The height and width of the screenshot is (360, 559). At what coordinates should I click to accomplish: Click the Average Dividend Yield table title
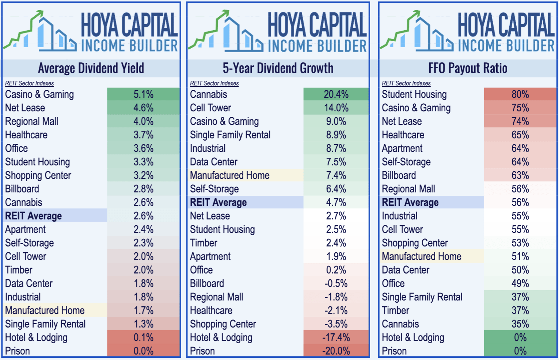tap(91, 68)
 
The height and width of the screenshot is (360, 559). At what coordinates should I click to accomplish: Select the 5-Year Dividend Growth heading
tap(278, 68)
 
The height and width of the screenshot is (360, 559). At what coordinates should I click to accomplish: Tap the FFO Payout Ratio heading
tap(468, 68)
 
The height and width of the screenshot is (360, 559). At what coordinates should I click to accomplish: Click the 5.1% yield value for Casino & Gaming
tap(143, 95)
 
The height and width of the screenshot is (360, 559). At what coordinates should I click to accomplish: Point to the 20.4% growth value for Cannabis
tap(336, 95)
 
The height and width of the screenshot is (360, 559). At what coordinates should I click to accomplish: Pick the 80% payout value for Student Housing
tap(520, 95)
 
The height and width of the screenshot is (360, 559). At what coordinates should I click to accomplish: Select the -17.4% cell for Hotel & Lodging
tap(336, 338)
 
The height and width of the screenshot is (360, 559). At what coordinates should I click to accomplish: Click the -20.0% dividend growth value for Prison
tap(336, 351)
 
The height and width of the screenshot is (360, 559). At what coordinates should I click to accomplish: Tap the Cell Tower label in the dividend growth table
tap(210, 108)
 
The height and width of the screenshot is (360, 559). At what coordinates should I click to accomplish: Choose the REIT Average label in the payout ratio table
tap(410, 203)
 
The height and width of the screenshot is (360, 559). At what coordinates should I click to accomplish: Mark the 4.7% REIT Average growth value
tap(336, 203)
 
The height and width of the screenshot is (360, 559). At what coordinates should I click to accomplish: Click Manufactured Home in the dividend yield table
tap(45, 311)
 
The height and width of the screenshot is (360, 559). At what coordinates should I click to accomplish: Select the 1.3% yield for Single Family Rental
tap(143, 324)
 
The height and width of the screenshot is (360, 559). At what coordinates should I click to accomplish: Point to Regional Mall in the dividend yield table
tap(31, 122)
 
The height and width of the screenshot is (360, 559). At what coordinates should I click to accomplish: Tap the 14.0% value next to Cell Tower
tap(336, 108)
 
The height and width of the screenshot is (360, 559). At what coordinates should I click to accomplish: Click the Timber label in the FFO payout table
tap(395, 311)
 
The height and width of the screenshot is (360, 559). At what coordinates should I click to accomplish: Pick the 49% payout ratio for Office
tap(520, 284)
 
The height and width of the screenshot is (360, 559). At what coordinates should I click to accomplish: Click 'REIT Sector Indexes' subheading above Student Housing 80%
tap(406, 84)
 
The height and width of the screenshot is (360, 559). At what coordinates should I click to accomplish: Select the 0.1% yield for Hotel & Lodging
tap(143, 338)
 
